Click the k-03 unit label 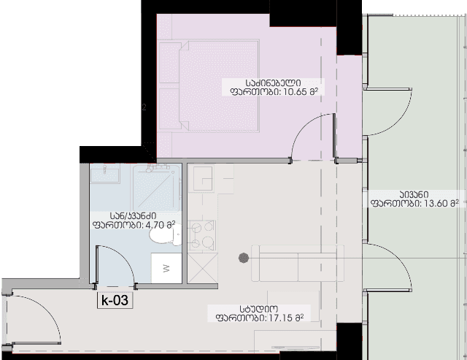pos(115,300)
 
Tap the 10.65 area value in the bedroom pos(295,91)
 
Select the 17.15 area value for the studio pos(281,318)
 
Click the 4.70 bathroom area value pos(155,225)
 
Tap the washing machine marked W pos(166,268)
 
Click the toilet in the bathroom pos(166,234)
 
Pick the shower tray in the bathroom pos(157,187)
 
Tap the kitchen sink pos(203,178)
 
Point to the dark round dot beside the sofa pos(244,258)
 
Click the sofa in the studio pos(298,263)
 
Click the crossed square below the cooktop pos(203,268)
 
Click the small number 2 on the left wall pos(144,107)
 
